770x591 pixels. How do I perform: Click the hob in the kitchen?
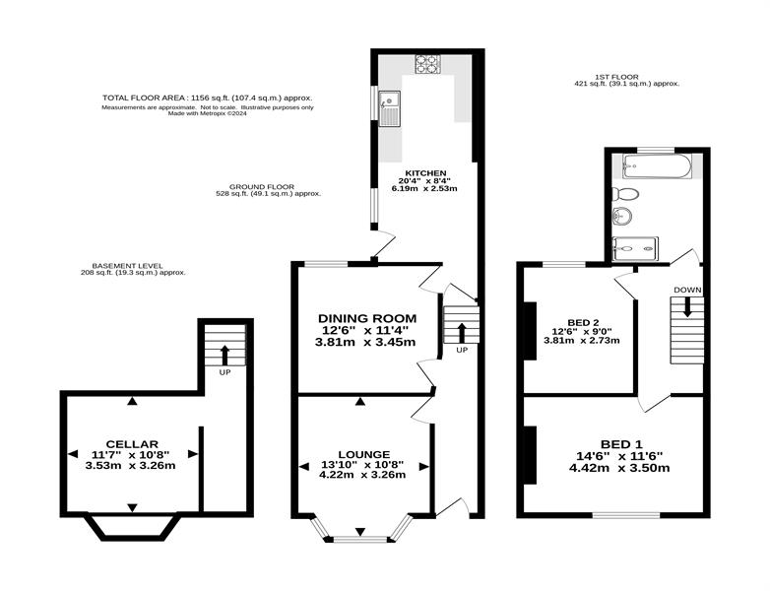coord(428,64)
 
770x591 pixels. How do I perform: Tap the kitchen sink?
coord(389,108)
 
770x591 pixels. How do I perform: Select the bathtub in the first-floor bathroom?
coord(657,166)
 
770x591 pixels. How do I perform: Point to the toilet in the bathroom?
coord(626,194)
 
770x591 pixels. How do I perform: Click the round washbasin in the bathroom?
coord(622,216)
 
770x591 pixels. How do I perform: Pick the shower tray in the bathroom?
coord(635,248)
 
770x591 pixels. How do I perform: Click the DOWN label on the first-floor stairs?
coord(687,290)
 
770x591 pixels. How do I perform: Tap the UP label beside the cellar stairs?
coord(225,372)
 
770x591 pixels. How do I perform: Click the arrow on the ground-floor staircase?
coord(462,333)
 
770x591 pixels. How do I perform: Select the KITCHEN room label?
coord(425,173)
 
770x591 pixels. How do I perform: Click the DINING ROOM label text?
coord(367,318)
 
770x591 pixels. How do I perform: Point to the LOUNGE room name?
coord(364,454)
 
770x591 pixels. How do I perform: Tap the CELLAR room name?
coord(132,444)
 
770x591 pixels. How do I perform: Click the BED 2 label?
coord(583,322)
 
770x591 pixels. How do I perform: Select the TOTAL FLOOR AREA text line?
coord(207,98)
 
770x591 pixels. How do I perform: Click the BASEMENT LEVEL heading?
coord(127,266)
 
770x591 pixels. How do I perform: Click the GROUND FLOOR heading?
coord(262,187)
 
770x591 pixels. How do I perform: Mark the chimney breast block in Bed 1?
coord(530,455)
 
